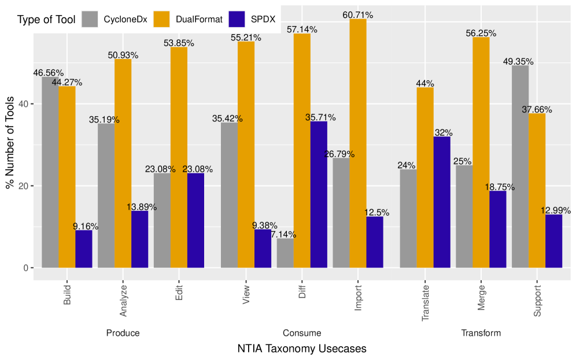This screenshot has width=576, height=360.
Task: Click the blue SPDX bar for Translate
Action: tap(442, 202)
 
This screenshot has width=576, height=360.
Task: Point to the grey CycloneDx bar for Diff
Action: tap(285, 253)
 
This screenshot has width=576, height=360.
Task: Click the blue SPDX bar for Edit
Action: tap(196, 220)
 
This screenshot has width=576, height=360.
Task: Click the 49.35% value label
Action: tap(518, 62)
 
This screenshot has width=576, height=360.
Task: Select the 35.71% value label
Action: tap(320, 117)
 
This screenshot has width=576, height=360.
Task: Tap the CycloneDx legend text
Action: tap(125, 20)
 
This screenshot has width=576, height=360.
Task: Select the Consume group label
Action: tap(302, 333)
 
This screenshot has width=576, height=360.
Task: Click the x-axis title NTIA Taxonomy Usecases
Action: tap(302, 349)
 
